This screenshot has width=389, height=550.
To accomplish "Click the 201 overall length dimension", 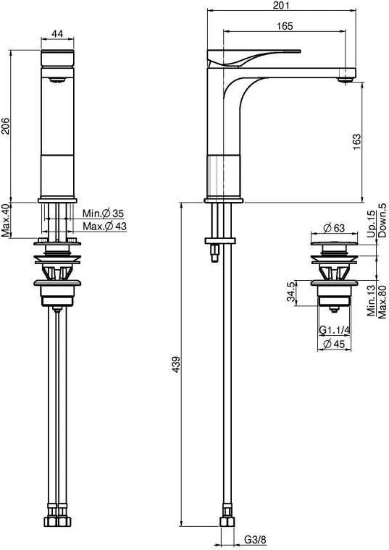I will [283, 6].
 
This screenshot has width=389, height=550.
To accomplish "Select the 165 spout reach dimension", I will [285, 26].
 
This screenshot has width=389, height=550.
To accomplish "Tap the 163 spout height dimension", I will [375, 140].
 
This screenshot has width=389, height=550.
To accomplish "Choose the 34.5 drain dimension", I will [291, 292].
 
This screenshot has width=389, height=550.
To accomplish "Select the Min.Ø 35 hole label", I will [103, 213].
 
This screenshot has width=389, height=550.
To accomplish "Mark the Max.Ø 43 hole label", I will [104, 227].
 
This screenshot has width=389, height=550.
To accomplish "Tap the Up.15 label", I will [372, 221].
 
